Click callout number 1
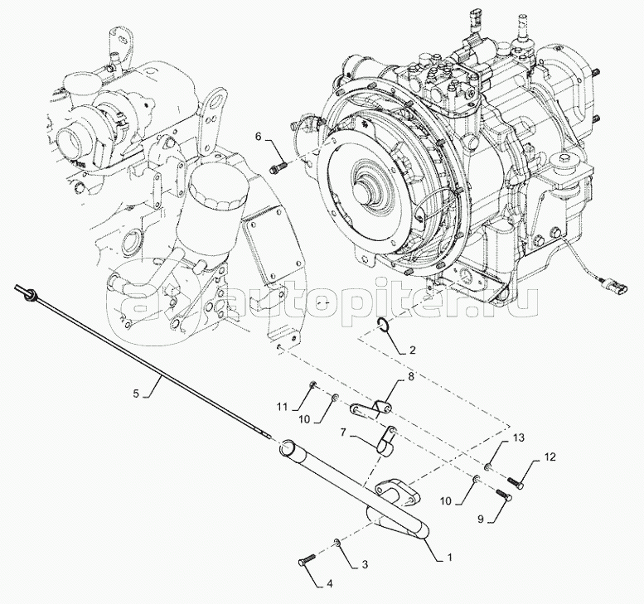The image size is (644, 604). point(449,557)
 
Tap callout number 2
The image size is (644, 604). point(412,350)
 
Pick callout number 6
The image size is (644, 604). point(258,138)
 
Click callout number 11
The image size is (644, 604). point(283,407)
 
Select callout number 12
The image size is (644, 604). point(551,457)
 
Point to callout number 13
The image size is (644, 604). point(519,437)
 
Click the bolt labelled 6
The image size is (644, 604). point(277,169)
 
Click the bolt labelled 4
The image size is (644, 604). point(304,562)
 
